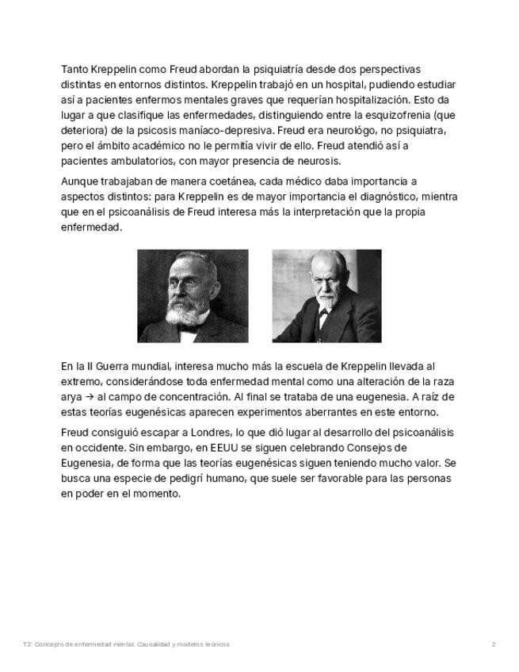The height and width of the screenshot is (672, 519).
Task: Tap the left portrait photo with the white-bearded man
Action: coord(193,296)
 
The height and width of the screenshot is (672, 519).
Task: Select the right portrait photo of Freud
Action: coord(326,296)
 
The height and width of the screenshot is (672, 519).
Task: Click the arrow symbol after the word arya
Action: coord(89,397)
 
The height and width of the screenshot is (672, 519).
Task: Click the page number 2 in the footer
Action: coord(493,644)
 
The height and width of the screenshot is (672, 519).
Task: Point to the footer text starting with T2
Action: coord(127,644)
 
